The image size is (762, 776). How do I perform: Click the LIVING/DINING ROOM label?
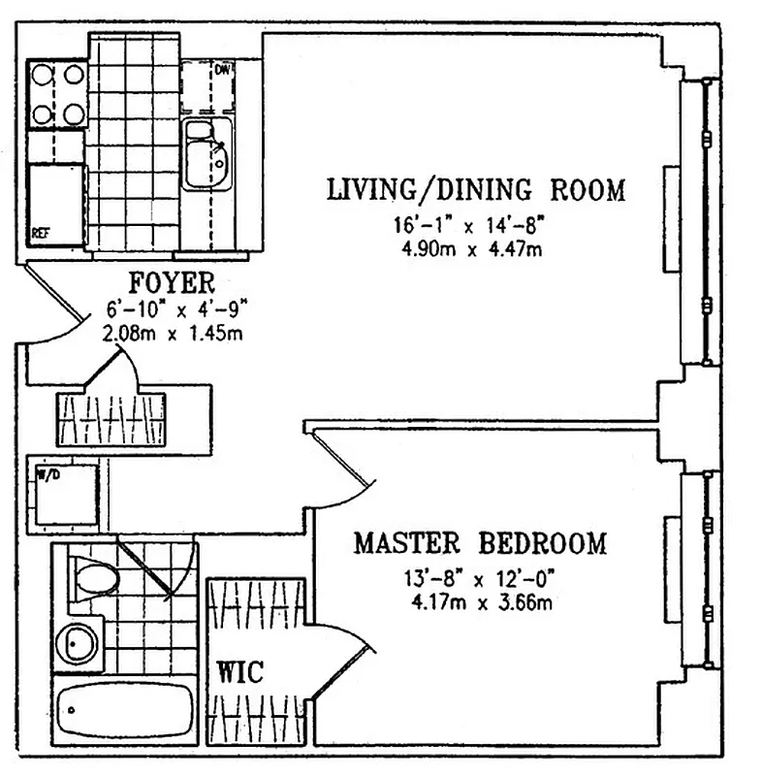pos(475,189)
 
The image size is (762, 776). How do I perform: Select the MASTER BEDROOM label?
pos(480,542)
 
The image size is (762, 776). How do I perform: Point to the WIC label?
pos(239,672)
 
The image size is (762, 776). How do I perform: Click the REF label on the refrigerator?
pos(41,234)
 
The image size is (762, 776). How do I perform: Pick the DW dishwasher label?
pos(222,70)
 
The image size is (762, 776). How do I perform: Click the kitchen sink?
pos(206,156)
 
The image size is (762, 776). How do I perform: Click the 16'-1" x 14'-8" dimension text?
pos(469,226)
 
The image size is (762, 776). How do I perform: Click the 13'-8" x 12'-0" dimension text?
pos(480,580)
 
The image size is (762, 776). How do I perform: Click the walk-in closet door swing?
pos(339,660)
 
